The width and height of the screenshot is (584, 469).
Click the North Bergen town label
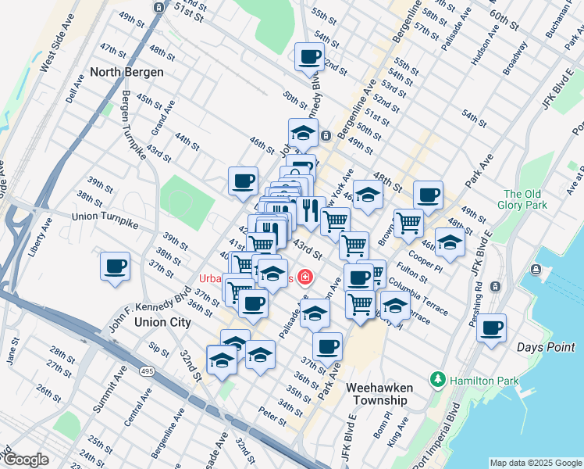(126, 72)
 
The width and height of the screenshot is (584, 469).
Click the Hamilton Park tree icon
(437, 380)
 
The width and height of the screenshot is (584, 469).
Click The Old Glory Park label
(522, 199)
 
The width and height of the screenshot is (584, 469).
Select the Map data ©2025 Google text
(535, 463)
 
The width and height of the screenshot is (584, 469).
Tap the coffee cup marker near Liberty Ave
(115, 267)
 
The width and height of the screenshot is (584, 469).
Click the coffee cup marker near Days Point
(491, 328)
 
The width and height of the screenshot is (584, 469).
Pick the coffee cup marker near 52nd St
(309, 56)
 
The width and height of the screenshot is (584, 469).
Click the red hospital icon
(303, 277)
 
